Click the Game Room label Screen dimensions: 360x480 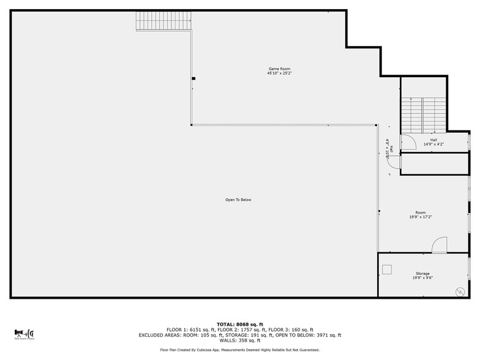pyautogui.click(x=279, y=69)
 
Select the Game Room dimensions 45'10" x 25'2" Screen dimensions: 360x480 pyautogui.click(x=279, y=73)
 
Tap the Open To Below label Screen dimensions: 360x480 pyautogui.click(x=238, y=200)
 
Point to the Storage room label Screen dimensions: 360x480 pyautogui.click(x=422, y=274)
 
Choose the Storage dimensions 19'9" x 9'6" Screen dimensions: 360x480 pyautogui.click(x=422, y=279)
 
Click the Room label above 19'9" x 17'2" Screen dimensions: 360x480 pyautogui.click(x=420, y=212)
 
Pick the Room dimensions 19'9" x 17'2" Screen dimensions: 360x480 pyautogui.click(x=420, y=217)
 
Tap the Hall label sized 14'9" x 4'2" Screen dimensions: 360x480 pyautogui.click(x=433, y=140)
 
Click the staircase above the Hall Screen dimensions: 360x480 pyautogui.click(x=424, y=114)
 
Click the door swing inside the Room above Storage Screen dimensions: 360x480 pyautogui.click(x=439, y=246)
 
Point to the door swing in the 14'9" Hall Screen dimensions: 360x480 pyautogui.click(x=409, y=143)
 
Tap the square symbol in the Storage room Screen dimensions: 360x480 pyautogui.click(x=387, y=269)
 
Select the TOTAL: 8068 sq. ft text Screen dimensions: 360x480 pyautogui.click(x=240, y=324)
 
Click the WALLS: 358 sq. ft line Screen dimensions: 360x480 pyautogui.click(x=240, y=340)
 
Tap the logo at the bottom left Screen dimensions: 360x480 pyautogui.click(x=24, y=334)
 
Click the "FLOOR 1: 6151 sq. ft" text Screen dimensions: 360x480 pyautogui.click(x=189, y=329)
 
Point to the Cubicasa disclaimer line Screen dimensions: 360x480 pyautogui.click(x=240, y=350)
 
